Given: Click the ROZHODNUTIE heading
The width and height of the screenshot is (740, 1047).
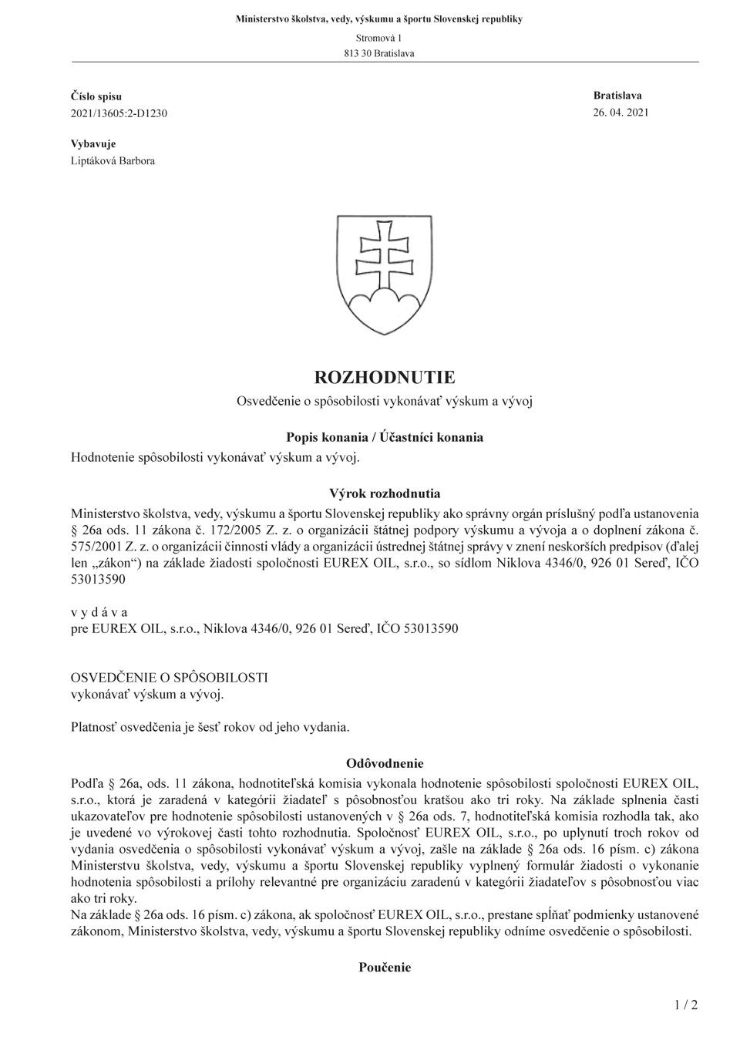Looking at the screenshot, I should [385, 377].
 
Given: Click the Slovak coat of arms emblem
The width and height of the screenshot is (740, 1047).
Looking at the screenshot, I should [385, 274].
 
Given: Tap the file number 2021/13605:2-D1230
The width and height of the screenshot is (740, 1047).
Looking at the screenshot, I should [119, 113].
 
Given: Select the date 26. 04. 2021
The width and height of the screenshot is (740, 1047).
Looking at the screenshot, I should [621, 113].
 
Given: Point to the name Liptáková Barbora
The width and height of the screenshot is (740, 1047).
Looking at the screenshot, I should [113, 161].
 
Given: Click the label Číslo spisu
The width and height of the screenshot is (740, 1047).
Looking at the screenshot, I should [96, 96].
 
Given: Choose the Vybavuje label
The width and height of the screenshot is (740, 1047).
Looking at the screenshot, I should [93, 144].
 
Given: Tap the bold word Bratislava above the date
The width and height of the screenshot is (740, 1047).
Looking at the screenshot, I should [617, 96].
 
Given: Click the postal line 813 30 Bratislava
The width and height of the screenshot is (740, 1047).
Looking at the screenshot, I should [378, 53].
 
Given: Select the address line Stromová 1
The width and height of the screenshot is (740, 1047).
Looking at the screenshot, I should [378, 38].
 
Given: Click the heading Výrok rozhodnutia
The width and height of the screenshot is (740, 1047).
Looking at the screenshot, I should [385, 493].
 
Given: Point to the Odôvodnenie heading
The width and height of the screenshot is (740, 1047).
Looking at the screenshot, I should [385, 763].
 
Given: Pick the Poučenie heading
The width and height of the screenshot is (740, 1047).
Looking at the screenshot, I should [385, 968].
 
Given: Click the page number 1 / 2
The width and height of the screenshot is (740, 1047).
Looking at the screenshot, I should [685, 1005].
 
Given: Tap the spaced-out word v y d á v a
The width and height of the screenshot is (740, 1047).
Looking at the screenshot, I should [99, 612].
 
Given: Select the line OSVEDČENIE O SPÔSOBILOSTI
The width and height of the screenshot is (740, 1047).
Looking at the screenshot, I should [170, 678].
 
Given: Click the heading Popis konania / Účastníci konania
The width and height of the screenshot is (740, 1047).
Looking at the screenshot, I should [385, 437].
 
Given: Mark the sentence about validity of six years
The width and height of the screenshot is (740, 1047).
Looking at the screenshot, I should [210, 726].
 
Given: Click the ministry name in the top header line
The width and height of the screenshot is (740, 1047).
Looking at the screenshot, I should [378, 19].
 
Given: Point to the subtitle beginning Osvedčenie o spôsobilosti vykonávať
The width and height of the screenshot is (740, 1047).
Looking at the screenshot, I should [385, 401].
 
